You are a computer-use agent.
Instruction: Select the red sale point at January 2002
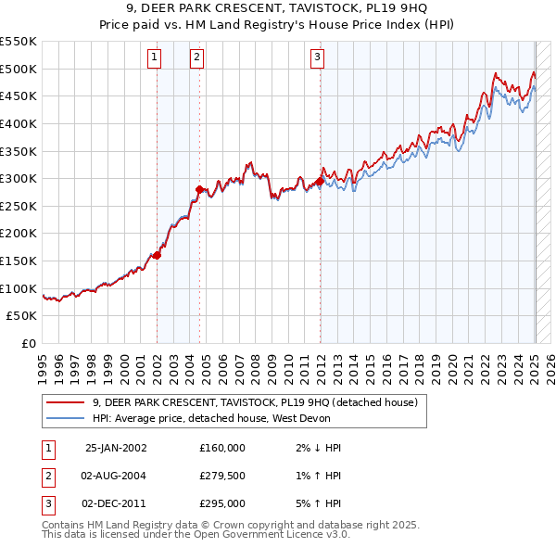click(x=158, y=255)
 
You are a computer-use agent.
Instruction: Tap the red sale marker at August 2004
click(x=199, y=189)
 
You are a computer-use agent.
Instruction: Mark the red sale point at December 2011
click(x=321, y=181)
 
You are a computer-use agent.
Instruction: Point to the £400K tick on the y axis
click(x=19, y=123)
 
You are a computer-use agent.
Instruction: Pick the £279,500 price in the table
click(x=222, y=476)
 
